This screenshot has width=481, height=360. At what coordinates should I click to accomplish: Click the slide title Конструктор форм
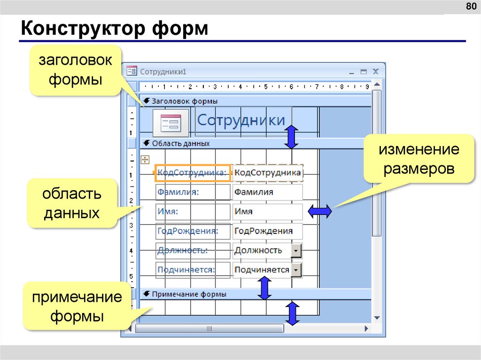114,29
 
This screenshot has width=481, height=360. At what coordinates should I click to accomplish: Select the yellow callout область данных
72,203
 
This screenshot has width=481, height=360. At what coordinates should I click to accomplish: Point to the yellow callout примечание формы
77,306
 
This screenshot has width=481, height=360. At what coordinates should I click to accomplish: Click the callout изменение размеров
419,159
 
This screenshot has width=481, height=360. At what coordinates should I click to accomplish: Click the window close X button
375,72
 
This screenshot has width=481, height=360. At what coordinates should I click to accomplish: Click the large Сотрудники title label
241,120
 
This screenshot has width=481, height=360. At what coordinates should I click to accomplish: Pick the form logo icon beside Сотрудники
171,123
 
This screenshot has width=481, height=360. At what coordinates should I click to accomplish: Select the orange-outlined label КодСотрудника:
192,173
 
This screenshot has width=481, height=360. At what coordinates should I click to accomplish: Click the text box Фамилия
267,192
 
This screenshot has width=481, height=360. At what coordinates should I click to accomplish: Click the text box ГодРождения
267,231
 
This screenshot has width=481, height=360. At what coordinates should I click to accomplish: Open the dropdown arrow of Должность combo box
296,251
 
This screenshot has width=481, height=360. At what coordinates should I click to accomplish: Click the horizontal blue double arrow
320,212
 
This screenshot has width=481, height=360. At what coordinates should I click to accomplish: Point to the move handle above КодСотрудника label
145,160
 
